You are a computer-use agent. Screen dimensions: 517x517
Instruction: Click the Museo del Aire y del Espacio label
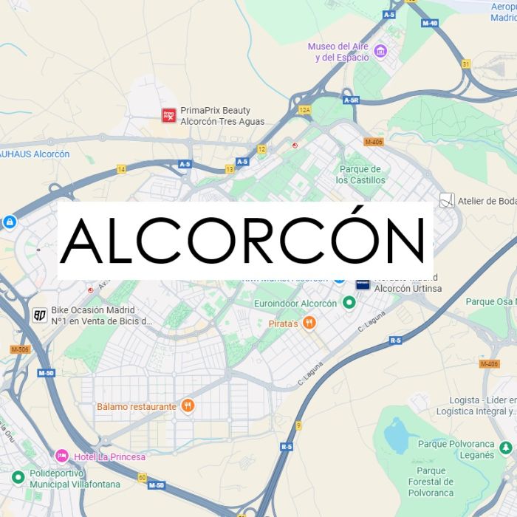point(339,52)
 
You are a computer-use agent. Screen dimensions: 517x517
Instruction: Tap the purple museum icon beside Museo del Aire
point(381,51)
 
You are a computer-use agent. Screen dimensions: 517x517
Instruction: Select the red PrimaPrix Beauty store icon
point(169,114)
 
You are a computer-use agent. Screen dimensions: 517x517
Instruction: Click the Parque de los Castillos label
point(360,174)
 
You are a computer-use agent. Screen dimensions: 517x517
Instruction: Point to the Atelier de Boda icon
point(446,200)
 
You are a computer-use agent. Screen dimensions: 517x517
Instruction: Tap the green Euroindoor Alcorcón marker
point(348,303)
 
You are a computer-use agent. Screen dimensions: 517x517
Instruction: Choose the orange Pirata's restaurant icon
point(311,323)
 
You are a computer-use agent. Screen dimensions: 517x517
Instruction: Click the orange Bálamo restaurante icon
point(188,405)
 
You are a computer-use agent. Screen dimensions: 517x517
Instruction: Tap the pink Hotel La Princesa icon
point(62,456)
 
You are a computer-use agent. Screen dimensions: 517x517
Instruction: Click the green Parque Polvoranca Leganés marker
point(505,448)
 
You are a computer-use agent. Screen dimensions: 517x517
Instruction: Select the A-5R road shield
point(351,100)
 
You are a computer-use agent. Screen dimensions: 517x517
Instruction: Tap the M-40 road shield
point(431,22)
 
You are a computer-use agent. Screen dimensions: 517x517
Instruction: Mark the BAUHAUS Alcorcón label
point(34,154)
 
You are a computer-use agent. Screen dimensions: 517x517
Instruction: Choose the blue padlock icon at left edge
point(9,221)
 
